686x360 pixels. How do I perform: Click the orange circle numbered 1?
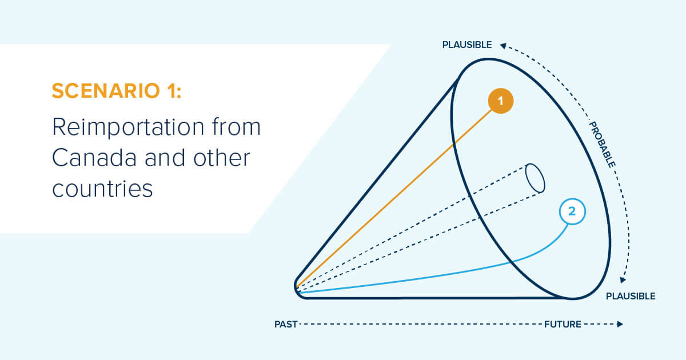click(x=501, y=101)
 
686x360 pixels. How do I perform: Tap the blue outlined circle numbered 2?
click(x=572, y=211)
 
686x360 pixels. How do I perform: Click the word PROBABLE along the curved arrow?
click(x=602, y=145)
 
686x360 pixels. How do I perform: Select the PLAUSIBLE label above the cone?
click(x=467, y=45)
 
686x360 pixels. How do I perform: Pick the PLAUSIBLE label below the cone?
click(x=631, y=296)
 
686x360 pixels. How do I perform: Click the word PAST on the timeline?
click(x=286, y=324)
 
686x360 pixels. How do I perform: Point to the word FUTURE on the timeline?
click(x=563, y=324)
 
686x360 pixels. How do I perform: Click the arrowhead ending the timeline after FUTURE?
click(x=620, y=324)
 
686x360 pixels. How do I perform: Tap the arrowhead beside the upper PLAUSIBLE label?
click(x=503, y=46)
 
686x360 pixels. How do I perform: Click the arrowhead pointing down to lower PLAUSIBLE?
click(x=623, y=280)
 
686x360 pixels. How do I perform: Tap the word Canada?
click(x=94, y=158)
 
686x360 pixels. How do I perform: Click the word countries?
click(x=102, y=189)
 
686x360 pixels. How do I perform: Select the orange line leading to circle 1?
click(x=394, y=198)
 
